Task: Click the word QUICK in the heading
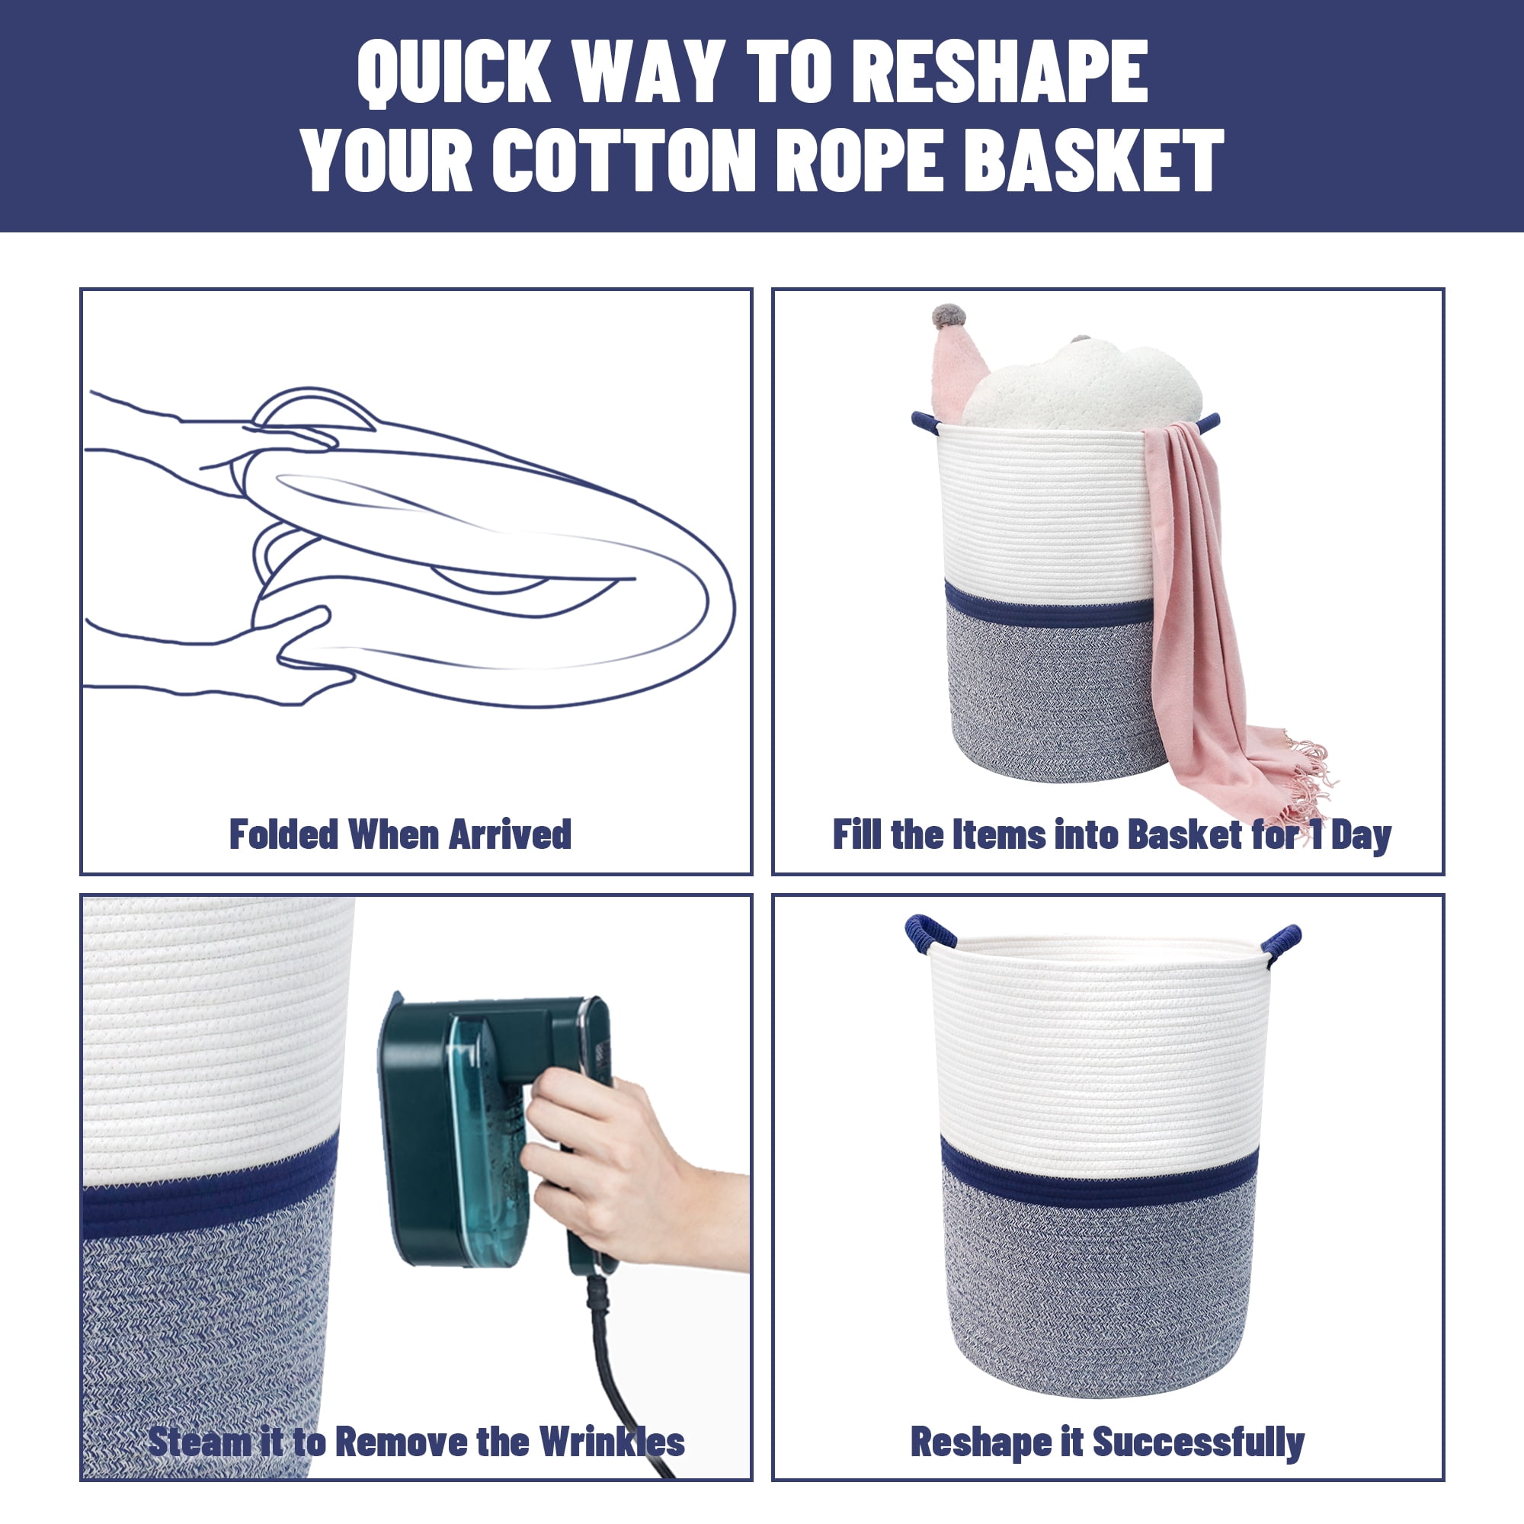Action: (453, 72)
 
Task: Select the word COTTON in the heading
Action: (624, 161)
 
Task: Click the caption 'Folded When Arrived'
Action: (400, 834)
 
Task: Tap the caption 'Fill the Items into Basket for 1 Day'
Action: (1113, 835)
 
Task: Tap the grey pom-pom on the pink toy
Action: (947, 315)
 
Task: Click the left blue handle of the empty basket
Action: (930, 933)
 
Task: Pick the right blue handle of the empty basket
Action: (1280, 941)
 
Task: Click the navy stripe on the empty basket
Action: (1099, 1181)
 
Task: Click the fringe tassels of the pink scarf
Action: (1305, 781)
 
